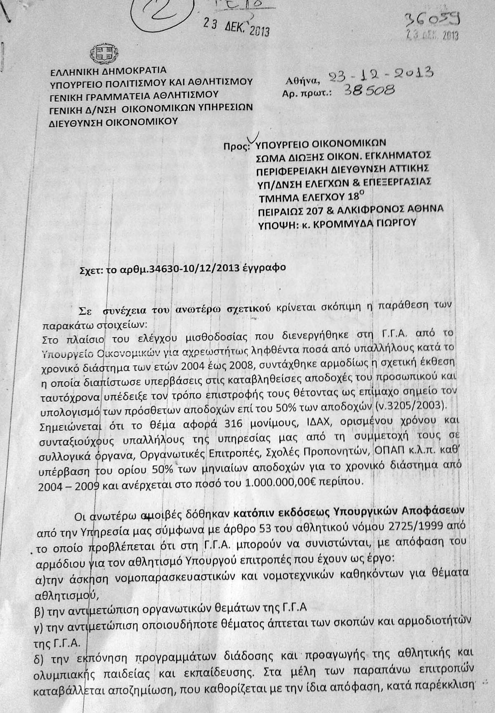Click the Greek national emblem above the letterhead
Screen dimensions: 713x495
pos(99,53)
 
